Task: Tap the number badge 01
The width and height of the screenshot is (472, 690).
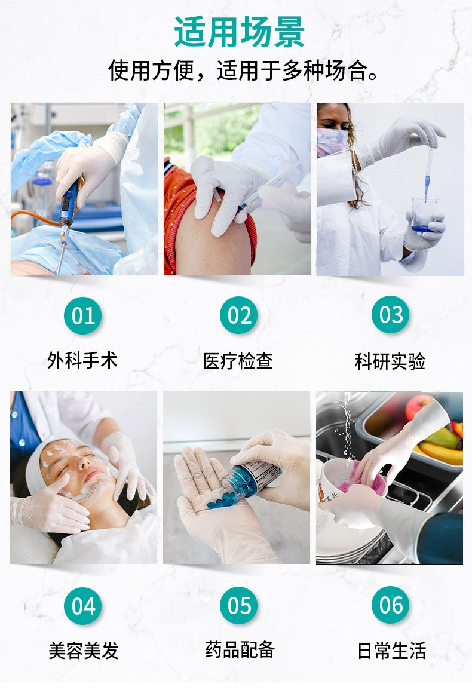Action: [x=83, y=315]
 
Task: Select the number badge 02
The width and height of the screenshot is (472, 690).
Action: [x=239, y=315]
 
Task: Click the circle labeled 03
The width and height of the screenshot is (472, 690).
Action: [x=391, y=315]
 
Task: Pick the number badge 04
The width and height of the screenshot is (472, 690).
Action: [x=83, y=606]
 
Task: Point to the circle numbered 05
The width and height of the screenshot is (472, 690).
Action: [x=239, y=606]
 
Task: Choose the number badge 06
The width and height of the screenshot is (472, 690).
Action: [x=391, y=605]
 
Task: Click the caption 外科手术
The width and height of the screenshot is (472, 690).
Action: [x=82, y=360]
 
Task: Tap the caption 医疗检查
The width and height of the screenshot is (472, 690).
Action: [x=238, y=361]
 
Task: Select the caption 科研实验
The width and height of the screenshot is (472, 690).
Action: [x=390, y=361]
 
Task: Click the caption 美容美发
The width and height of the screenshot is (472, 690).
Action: [x=84, y=651]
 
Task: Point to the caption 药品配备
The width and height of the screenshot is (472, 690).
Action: [x=240, y=649]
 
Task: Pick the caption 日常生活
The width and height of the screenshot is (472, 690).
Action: [x=391, y=651]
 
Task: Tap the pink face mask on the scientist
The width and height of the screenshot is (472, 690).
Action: [x=331, y=142]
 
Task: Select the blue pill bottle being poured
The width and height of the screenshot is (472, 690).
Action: [x=250, y=479]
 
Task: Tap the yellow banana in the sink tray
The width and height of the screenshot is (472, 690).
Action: [x=440, y=453]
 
